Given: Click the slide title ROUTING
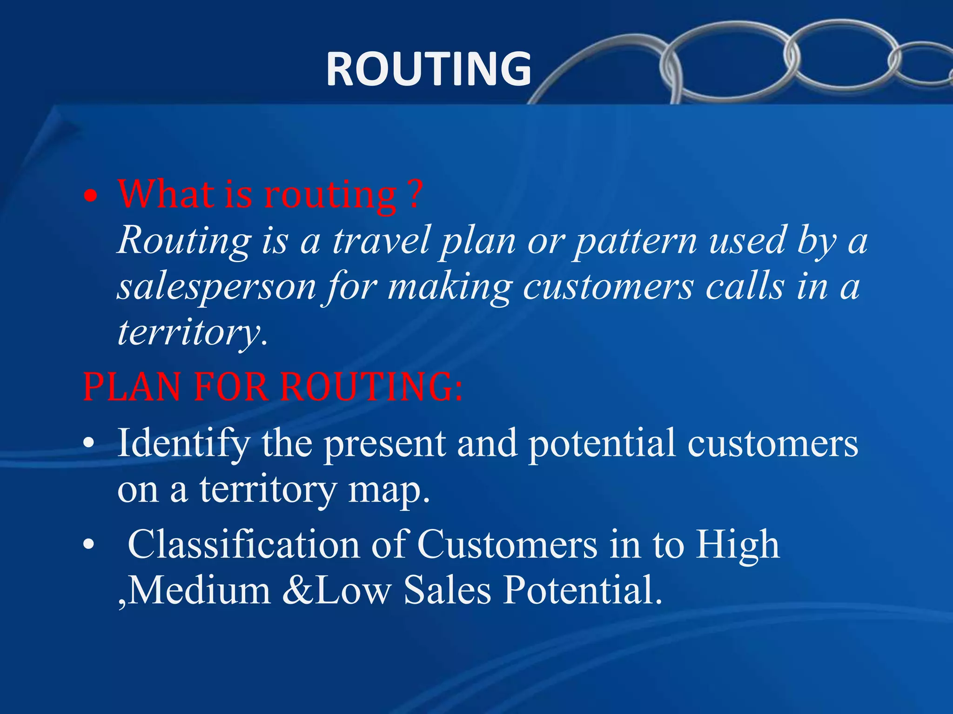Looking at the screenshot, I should (428, 69).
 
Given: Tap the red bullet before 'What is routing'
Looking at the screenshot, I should (91, 197).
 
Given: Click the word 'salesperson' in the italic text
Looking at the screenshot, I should (216, 287).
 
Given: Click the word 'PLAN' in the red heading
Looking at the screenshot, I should (132, 387).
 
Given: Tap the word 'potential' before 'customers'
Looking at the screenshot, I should (602, 443).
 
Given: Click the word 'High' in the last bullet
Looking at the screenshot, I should (737, 544).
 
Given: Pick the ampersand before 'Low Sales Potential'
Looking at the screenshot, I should (298, 590).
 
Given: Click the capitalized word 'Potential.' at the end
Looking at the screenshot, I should (583, 590).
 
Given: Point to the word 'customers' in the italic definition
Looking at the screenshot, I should (608, 287).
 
